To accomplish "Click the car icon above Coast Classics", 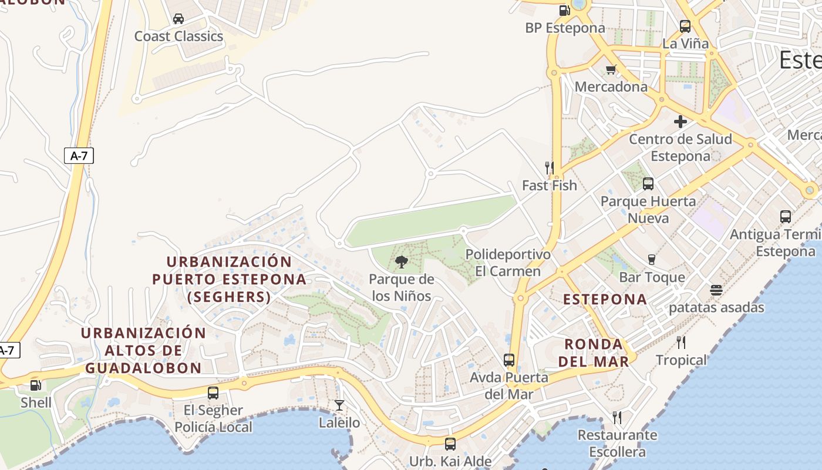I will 178,19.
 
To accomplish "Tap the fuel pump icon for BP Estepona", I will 564,10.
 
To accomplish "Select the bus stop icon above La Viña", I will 685,26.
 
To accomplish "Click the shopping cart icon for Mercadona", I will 611,70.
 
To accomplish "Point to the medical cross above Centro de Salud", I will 680,122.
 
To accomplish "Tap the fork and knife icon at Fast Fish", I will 550,168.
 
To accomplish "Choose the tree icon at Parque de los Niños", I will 402,262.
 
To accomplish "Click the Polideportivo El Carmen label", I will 508,263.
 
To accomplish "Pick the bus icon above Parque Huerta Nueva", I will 648,184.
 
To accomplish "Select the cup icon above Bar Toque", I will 651,259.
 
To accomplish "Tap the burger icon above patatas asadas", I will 716,290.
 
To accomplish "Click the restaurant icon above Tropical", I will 681,342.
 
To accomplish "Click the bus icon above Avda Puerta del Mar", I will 509,360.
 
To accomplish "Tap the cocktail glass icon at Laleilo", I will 339,405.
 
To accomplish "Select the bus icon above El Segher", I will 213,393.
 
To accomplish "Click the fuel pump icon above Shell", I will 36,385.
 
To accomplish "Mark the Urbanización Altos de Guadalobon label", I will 143,351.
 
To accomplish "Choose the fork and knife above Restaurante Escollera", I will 617,418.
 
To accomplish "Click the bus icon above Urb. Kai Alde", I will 450,444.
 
